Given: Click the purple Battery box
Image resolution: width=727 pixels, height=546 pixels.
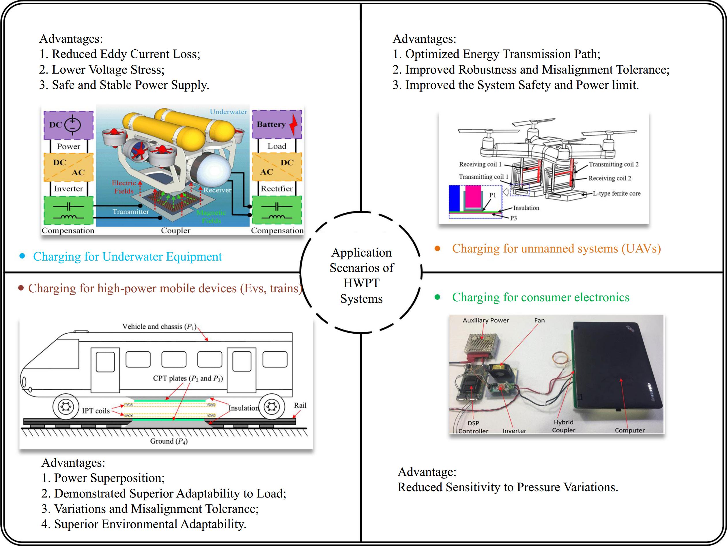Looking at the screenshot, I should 277,124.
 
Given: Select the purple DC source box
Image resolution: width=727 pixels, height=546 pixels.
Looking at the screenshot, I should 68,124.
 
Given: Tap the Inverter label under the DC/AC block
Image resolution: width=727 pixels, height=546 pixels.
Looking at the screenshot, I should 68,189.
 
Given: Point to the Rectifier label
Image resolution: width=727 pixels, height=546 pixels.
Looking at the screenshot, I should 276,189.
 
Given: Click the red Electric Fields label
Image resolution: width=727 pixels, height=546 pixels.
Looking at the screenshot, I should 124,187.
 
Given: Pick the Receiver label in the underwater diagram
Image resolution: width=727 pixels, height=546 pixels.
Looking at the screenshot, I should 217,190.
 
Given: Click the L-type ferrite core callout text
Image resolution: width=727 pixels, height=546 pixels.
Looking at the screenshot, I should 616,193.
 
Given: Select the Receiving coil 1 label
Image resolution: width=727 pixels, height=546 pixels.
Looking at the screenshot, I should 480,164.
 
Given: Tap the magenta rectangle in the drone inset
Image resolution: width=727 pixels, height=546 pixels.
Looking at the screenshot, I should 473,196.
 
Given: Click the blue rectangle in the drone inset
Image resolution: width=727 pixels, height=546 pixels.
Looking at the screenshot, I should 455,198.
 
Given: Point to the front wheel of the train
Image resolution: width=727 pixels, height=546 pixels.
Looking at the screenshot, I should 66,407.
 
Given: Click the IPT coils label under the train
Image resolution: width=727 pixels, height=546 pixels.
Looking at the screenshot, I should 96,411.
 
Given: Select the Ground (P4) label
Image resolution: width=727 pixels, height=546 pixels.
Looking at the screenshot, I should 169,441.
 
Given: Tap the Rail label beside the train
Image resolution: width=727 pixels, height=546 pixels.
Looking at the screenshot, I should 300,405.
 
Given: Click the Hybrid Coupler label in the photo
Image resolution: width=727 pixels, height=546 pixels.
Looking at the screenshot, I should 563,426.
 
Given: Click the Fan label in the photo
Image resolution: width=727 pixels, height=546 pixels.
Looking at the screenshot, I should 539,320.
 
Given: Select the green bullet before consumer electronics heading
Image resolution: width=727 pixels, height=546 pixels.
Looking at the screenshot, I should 438,297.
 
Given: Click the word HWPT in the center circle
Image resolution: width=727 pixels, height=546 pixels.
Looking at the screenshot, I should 361,283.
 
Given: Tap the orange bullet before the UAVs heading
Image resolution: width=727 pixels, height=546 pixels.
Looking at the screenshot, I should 438,248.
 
